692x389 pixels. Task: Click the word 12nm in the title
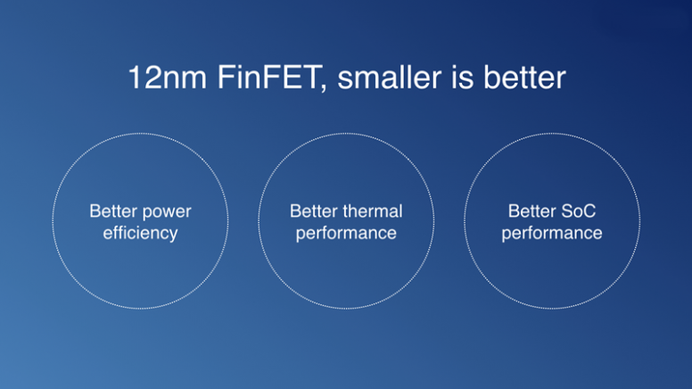[x=168, y=78]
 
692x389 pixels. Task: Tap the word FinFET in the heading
[x=268, y=78]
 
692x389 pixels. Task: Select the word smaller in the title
[x=390, y=78]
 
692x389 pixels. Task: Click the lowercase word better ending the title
[x=524, y=78]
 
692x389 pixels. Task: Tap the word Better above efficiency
[x=113, y=211]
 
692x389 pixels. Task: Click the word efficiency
[x=140, y=233]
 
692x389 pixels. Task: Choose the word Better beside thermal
[x=314, y=211]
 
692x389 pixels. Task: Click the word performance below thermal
[x=346, y=234]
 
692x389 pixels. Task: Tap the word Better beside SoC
[x=531, y=211]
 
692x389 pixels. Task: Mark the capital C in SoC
[x=589, y=211]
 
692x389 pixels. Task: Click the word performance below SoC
[x=552, y=234]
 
